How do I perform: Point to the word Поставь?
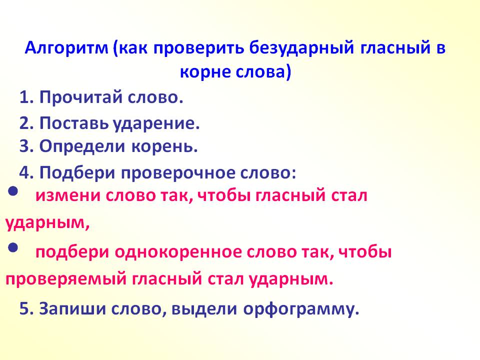tap(74, 123)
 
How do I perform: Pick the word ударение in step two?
tap(156, 123)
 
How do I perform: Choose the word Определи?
tap(82, 146)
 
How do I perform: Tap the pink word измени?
tap(68, 195)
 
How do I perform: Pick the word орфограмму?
tap(301, 309)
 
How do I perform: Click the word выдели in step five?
tap(204, 308)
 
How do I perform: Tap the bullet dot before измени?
tap(13, 191)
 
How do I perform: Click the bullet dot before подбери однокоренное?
tap(13, 247)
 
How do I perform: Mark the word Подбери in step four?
tap(77, 173)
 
